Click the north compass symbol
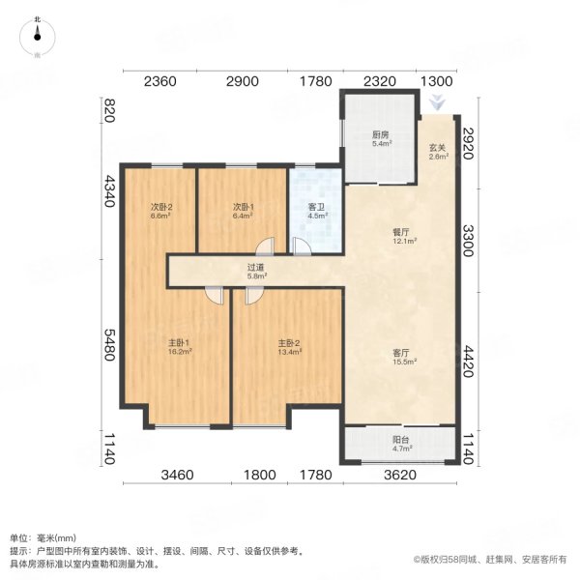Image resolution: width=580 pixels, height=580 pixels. coord(37,35)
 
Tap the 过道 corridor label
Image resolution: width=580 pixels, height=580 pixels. coord(255,271)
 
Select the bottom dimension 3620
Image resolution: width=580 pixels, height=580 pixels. coord(398,475)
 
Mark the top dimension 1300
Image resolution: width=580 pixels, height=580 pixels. coord(438,81)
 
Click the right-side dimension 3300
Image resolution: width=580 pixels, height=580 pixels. coord(469,236)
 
